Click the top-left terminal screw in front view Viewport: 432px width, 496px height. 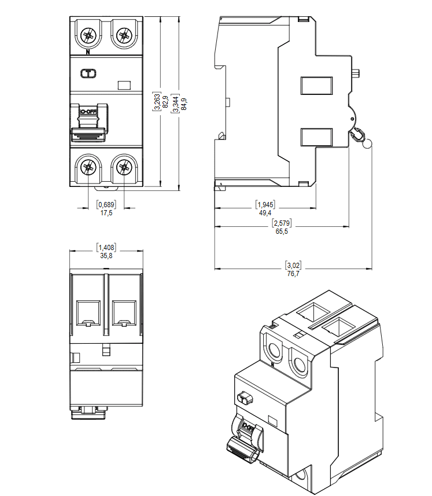coord(88,36)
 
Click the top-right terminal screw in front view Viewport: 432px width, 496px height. coord(123,36)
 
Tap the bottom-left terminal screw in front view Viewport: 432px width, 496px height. coord(88,168)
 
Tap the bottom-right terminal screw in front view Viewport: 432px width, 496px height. coord(123,168)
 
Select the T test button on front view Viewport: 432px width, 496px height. coord(88,74)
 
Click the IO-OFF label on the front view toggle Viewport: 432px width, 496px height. coord(88,111)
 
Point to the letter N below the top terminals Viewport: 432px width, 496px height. coord(87,53)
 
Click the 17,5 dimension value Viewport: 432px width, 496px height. coord(106,213)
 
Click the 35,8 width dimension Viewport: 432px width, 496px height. coord(106,255)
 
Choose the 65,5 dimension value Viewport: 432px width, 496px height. coord(282,231)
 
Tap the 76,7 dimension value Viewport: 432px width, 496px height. coord(293,274)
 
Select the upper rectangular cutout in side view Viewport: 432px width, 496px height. coord(317,86)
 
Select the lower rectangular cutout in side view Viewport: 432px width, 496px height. coord(317,137)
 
